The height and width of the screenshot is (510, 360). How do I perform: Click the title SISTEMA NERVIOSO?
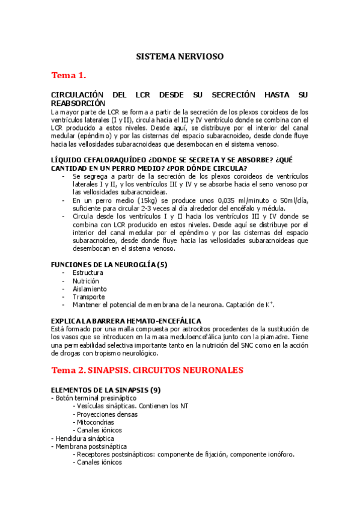pyautogui.click(x=180, y=56)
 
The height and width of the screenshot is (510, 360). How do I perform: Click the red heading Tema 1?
pyautogui.click(x=69, y=76)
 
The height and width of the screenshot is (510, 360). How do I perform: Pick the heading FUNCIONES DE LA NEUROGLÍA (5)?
pyautogui.click(x=109, y=264)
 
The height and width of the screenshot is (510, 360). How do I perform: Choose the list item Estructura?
pyautogui.click(x=88, y=273)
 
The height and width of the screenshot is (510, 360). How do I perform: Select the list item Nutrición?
pyautogui.click(x=86, y=281)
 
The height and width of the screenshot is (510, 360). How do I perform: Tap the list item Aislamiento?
pyautogui.click(x=89, y=289)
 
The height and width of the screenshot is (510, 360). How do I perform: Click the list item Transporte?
pyautogui.click(x=88, y=296)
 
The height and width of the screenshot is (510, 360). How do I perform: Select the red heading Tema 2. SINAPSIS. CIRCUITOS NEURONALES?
pyautogui.click(x=147, y=370)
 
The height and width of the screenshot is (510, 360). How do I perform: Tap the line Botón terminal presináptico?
pyautogui.click(x=96, y=398)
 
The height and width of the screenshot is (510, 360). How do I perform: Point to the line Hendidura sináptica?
pyautogui.click(x=83, y=438)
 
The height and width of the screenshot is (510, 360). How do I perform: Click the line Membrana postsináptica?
pyautogui.click(x=91, y=446)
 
